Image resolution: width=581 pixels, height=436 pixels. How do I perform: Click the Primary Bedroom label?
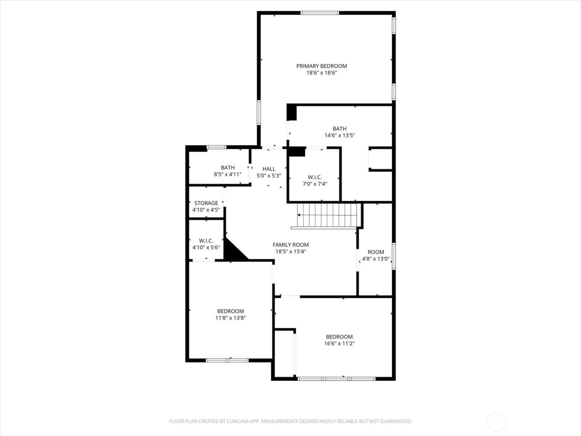[321, 66]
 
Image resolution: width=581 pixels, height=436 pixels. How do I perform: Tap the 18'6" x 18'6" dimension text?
[321, 73]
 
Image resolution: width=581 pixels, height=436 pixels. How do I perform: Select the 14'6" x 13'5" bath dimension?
[339, 135]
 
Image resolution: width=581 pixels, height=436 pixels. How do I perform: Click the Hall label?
[269, 169]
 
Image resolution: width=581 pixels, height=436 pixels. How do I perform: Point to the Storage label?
[206, 203]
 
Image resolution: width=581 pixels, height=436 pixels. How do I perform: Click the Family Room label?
[290, 245]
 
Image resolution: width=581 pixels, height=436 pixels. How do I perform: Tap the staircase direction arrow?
[299, 215]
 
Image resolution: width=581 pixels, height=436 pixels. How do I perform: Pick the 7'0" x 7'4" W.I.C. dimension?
[315, 184]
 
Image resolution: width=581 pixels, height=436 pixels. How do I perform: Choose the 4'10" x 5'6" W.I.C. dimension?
[206, 247]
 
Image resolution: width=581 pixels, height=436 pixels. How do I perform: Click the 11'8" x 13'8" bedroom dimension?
[230, 318]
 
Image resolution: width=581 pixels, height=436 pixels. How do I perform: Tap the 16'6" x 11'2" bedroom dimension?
[339, 343]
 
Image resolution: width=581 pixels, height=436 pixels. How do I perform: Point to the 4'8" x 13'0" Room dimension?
[376, 259]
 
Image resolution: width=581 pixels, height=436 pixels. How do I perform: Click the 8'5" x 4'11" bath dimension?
[227, 174]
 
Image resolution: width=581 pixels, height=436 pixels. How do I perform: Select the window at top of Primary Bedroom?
[320, 13]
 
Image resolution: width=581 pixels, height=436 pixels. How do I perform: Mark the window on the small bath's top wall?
[216, 147]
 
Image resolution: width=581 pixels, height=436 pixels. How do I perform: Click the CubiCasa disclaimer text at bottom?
[290, 421]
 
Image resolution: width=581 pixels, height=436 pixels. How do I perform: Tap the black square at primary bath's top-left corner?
[292, 113]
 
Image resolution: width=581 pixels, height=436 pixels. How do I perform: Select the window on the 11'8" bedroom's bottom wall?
[227, 360]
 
